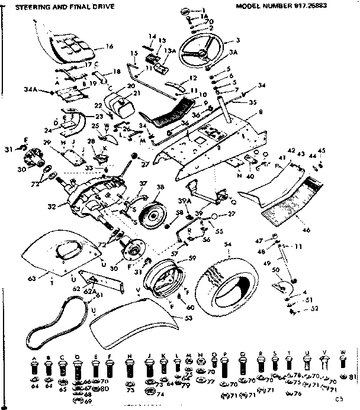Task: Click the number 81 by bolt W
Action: click(353, 376)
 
